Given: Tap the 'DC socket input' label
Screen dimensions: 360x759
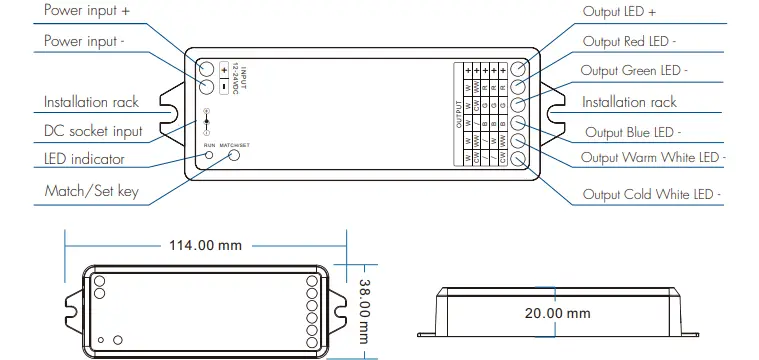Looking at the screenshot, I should pyautogui.click(x=93, y=131).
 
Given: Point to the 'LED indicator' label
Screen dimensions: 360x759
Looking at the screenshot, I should pyautogui.click(x=84, y=159).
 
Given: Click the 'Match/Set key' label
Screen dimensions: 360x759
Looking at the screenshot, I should pyautogui.click(x=91, y=190).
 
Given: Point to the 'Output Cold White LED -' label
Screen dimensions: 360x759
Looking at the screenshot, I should pyautogui.click(x=651, y=194).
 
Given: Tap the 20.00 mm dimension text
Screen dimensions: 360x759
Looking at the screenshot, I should pyautogui.click(x=557, y=312).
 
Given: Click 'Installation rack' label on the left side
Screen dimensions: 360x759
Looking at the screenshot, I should pyautogui.click(x=91, y=102).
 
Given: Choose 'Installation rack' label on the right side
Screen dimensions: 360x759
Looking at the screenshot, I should pyautogui.click(x=629, y=102).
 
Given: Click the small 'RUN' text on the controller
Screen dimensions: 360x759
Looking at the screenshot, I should pyautogui.click(x=209, y=146).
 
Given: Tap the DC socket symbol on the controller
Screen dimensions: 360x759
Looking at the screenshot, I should pyautogui.click(x=206, y=120).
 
